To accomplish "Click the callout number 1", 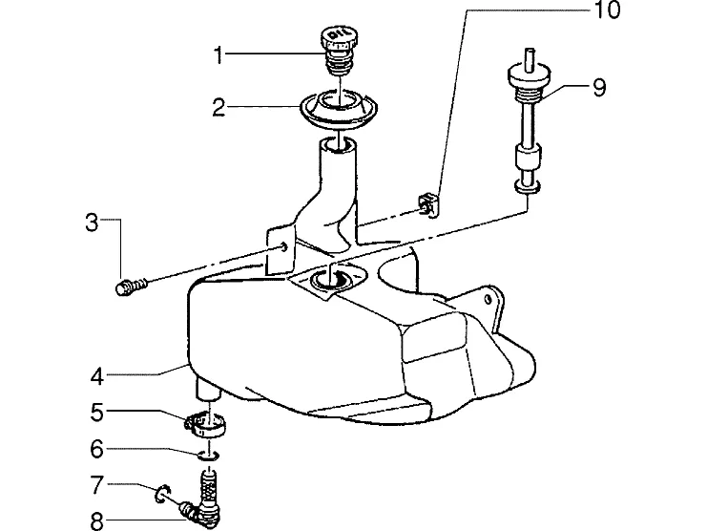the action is click(x=218, y=56).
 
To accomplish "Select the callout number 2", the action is click(x=218, y=108).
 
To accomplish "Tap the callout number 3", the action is click(x=92, y=223).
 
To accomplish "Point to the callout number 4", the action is click(x=97, y=376).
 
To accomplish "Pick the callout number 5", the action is click(x=97, y=413).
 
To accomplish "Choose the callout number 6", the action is click(x=97, y=449).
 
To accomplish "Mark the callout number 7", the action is click(x=97, y=485).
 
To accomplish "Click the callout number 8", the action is click(x=97, y=521).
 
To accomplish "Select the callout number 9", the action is click(x=599, y=88).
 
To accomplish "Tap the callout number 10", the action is click(x=608, y=10).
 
